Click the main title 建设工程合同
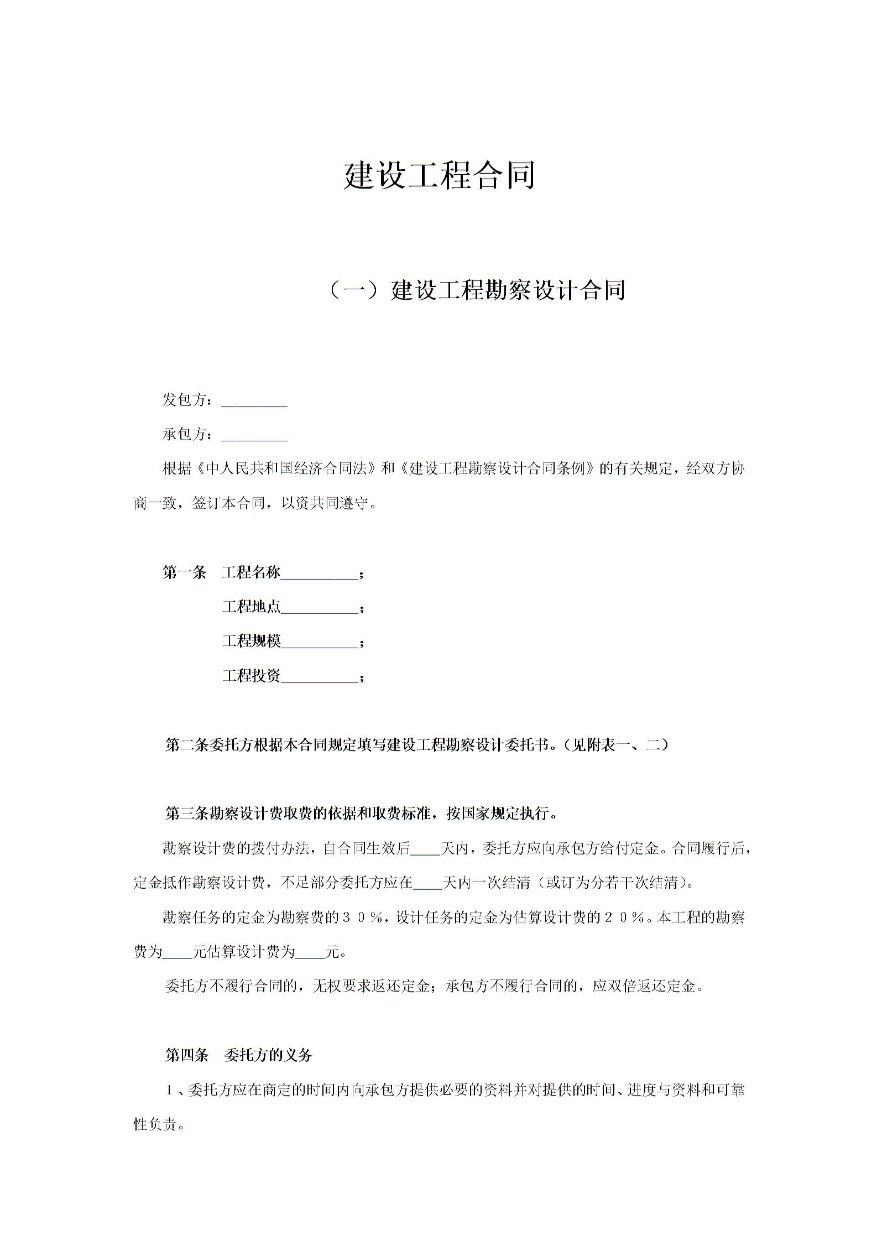click(x=439, y=176)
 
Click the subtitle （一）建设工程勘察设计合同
click(x=477, y=290)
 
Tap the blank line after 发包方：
click(x=254, y=401)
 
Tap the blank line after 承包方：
click(x=254, y=436)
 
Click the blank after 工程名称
click(x=319, y=573)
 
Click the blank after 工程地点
click(x=319, y=608)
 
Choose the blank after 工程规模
click(x=319, y=642)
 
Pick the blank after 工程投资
click(x=319, y=676)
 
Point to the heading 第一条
click(x=184, y=572)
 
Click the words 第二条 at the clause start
click(x=187, y=745)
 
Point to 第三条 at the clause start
click(x=187, y=814)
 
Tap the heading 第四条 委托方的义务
click(x=239, y=1055)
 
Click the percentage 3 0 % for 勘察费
click(x=363, y=917)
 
